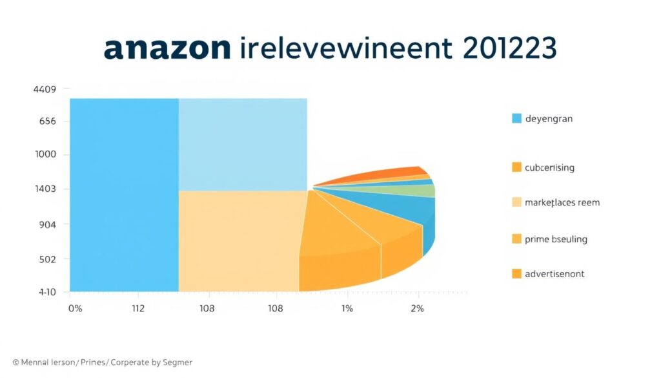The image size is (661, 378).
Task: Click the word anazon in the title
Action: point(167,49)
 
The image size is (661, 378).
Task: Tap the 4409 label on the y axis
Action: point(44,89)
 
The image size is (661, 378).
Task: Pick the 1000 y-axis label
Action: point(45,154)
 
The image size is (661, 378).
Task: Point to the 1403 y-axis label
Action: point(45,189)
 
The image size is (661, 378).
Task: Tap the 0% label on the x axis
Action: point(75,309)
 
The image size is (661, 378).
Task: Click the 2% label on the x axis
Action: point(417,309)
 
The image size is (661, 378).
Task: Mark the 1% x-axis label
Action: point(347,309)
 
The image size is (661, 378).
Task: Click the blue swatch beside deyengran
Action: point(516,118)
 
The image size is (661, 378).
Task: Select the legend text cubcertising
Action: point(550,167)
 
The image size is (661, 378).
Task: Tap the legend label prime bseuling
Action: point(556,239)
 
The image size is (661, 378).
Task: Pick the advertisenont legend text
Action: point(554,274)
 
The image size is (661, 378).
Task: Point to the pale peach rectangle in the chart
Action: point(239,240)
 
